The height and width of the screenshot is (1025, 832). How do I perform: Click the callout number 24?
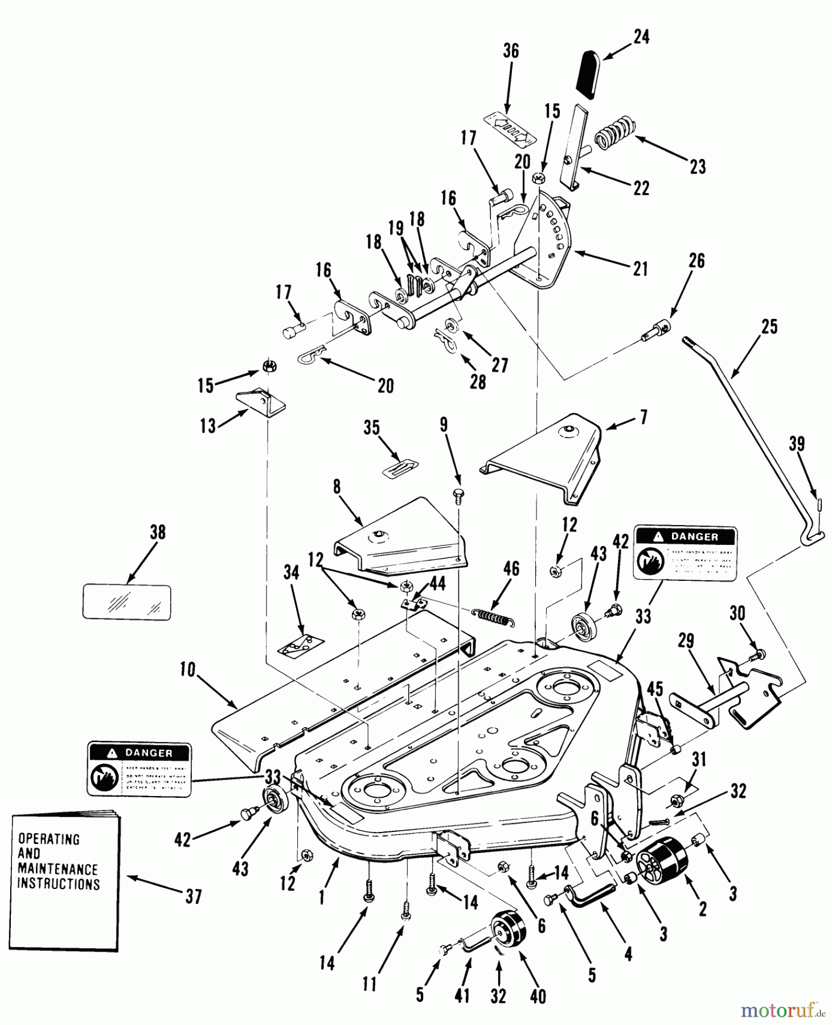641,38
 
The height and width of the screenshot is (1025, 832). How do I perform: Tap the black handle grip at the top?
589,72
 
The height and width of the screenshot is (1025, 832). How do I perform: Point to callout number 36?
511,51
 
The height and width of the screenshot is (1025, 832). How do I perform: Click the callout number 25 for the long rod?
769,327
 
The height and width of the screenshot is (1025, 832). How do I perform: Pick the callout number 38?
158,532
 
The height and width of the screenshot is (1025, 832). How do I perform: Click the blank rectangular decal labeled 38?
127,601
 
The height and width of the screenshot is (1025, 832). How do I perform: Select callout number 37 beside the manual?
194,897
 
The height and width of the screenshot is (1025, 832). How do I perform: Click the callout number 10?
187,671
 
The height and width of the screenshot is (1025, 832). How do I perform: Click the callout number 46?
511,569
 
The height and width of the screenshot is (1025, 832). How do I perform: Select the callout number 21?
641,268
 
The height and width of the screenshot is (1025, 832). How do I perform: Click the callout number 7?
644,417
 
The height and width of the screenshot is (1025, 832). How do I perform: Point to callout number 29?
686,642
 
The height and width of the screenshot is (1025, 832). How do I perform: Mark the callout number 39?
797,444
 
